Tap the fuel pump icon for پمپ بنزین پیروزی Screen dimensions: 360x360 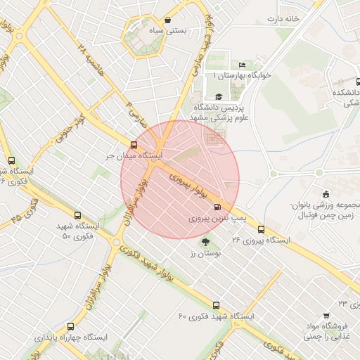click(x=216, y=207)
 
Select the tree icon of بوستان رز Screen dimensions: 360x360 click(x=205, y=242)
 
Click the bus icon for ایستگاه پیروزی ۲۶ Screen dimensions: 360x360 click(x=262, y=229)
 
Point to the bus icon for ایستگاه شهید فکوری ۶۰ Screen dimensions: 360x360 click(x=216, y=306)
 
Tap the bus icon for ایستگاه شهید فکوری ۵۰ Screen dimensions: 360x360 click(x=77, y=216)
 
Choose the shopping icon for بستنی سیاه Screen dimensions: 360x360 click(x=167, y=20)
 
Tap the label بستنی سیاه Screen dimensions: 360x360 click(x=167, y=32)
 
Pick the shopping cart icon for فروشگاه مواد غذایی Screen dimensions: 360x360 click(x=326, y=316)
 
